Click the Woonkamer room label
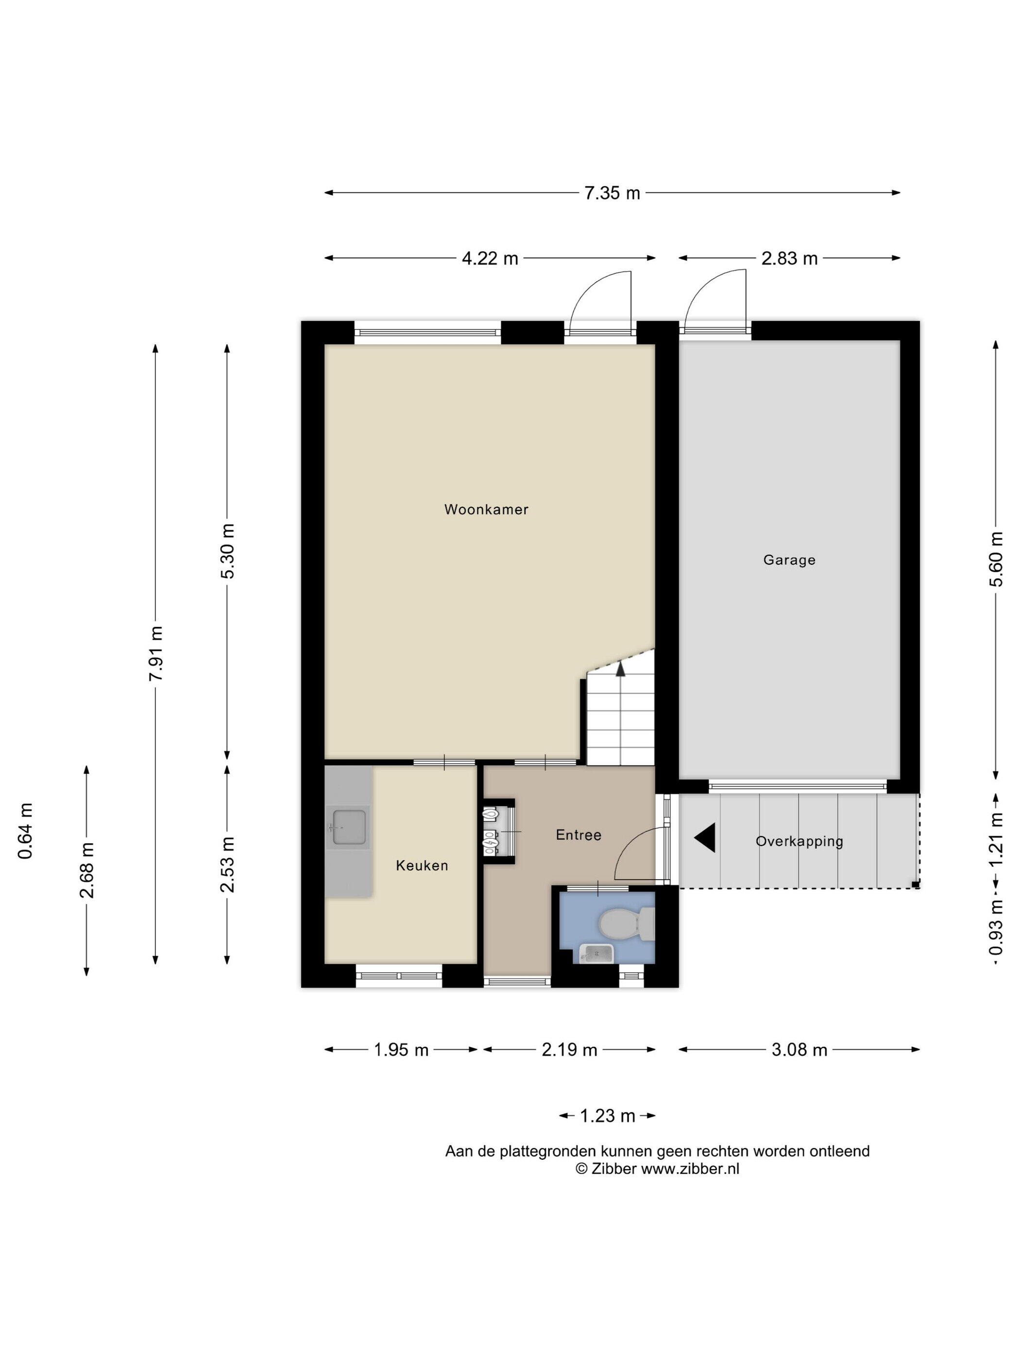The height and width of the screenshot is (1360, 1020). click(486, 509)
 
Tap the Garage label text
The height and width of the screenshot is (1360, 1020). click(789, 560)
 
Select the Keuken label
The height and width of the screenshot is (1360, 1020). click(422, 865)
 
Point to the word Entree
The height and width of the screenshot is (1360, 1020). click(578, 834)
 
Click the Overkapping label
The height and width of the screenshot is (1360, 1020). click(799, 841)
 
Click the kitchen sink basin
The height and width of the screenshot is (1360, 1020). click(349, 827)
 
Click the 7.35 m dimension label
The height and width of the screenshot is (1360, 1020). click(612, 193)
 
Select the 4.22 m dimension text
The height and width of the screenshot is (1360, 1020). click(490, 258)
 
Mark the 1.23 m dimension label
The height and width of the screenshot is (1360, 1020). click(608, 1115)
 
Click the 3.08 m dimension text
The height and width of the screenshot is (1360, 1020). click(799, 1050)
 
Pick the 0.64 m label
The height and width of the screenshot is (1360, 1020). click(25, 831)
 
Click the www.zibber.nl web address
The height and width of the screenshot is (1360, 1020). click(690, 1168)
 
